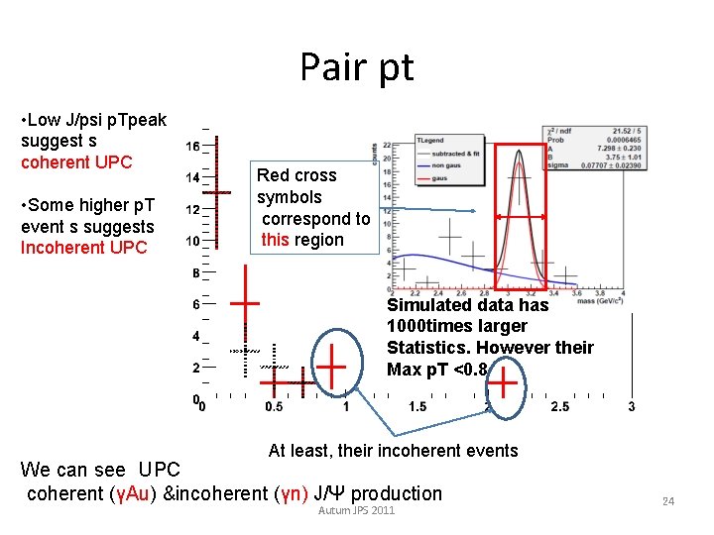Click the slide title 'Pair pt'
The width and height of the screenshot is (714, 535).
357,67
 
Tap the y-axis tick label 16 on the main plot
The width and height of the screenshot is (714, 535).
193,146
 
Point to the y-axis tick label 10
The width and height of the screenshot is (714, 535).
193,241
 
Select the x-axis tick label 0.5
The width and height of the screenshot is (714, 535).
275,407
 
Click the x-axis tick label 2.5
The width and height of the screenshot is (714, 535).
559,407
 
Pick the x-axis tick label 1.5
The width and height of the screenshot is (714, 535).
416,407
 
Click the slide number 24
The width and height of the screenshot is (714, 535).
668,501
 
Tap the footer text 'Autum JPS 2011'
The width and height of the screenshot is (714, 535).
356,510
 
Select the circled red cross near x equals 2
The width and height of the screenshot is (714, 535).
505,379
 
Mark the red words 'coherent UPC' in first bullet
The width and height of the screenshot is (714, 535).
69,162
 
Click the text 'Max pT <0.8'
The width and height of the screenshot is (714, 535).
437,370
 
